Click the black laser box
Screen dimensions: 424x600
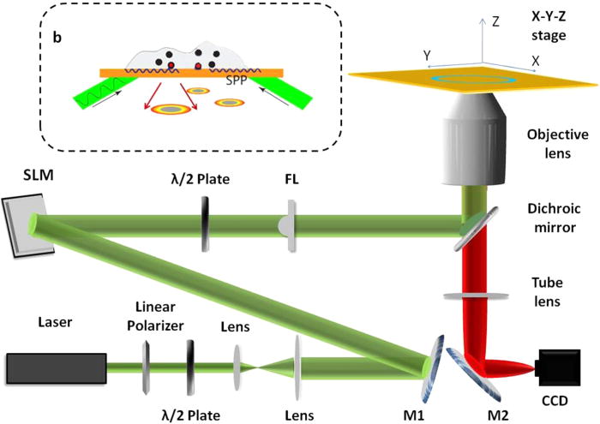tap(56, 368)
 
